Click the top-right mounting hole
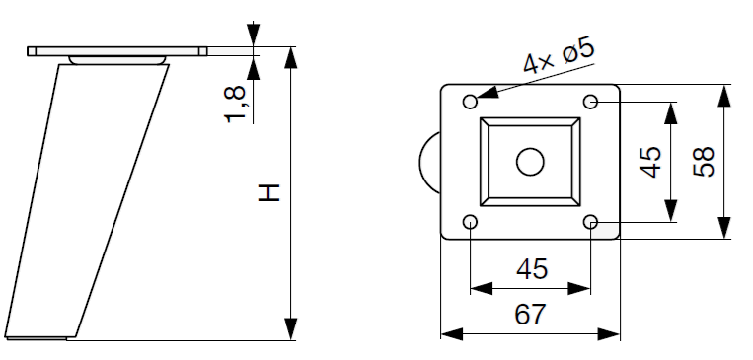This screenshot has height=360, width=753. tap(591, 102)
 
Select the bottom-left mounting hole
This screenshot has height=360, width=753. tap(470, 222)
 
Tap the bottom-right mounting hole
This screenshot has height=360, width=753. tap(591, 222)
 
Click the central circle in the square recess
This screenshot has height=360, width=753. tap(530, 162)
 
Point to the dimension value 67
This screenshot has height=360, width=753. tap(530, 315)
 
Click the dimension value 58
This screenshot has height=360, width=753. tap(704, 162)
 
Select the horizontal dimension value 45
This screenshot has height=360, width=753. tap(532, 269)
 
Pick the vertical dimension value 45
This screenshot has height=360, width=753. tap(651, 162)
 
